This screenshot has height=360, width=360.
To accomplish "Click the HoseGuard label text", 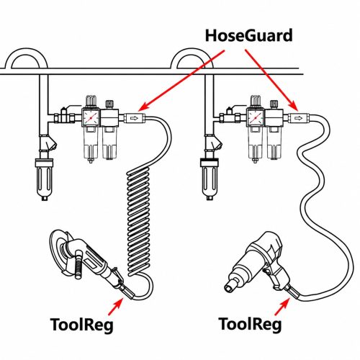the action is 249,36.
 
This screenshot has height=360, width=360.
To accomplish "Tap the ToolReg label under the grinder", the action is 81,325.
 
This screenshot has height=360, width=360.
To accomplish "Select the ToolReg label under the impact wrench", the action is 250,324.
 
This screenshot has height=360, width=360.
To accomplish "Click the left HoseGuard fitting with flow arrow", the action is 135,118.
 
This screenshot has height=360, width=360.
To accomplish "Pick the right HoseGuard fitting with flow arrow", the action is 299,118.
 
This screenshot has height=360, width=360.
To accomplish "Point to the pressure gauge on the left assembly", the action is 91,117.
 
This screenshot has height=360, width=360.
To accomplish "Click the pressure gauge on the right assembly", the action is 256,117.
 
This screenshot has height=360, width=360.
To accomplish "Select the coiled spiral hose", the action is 139,222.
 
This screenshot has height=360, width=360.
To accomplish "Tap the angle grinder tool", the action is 88,261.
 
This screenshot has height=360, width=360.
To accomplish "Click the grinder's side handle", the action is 78,264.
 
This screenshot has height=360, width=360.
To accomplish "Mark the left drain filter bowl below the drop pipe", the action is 44,179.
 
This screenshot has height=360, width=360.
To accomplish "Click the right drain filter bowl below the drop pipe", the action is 209,179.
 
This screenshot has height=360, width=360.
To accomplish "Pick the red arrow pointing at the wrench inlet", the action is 282,307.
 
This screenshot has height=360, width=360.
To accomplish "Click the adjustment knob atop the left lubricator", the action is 109,104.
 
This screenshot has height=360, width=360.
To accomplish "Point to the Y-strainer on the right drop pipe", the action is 215,143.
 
